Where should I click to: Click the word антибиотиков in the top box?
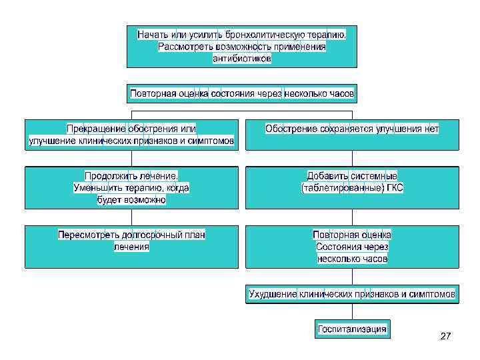coord(242,59)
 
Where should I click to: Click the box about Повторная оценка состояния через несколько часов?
coord(242,93)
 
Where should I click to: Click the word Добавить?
coord(328,176)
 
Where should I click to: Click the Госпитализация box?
coord(351,329)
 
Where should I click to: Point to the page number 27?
coord(445,337)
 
